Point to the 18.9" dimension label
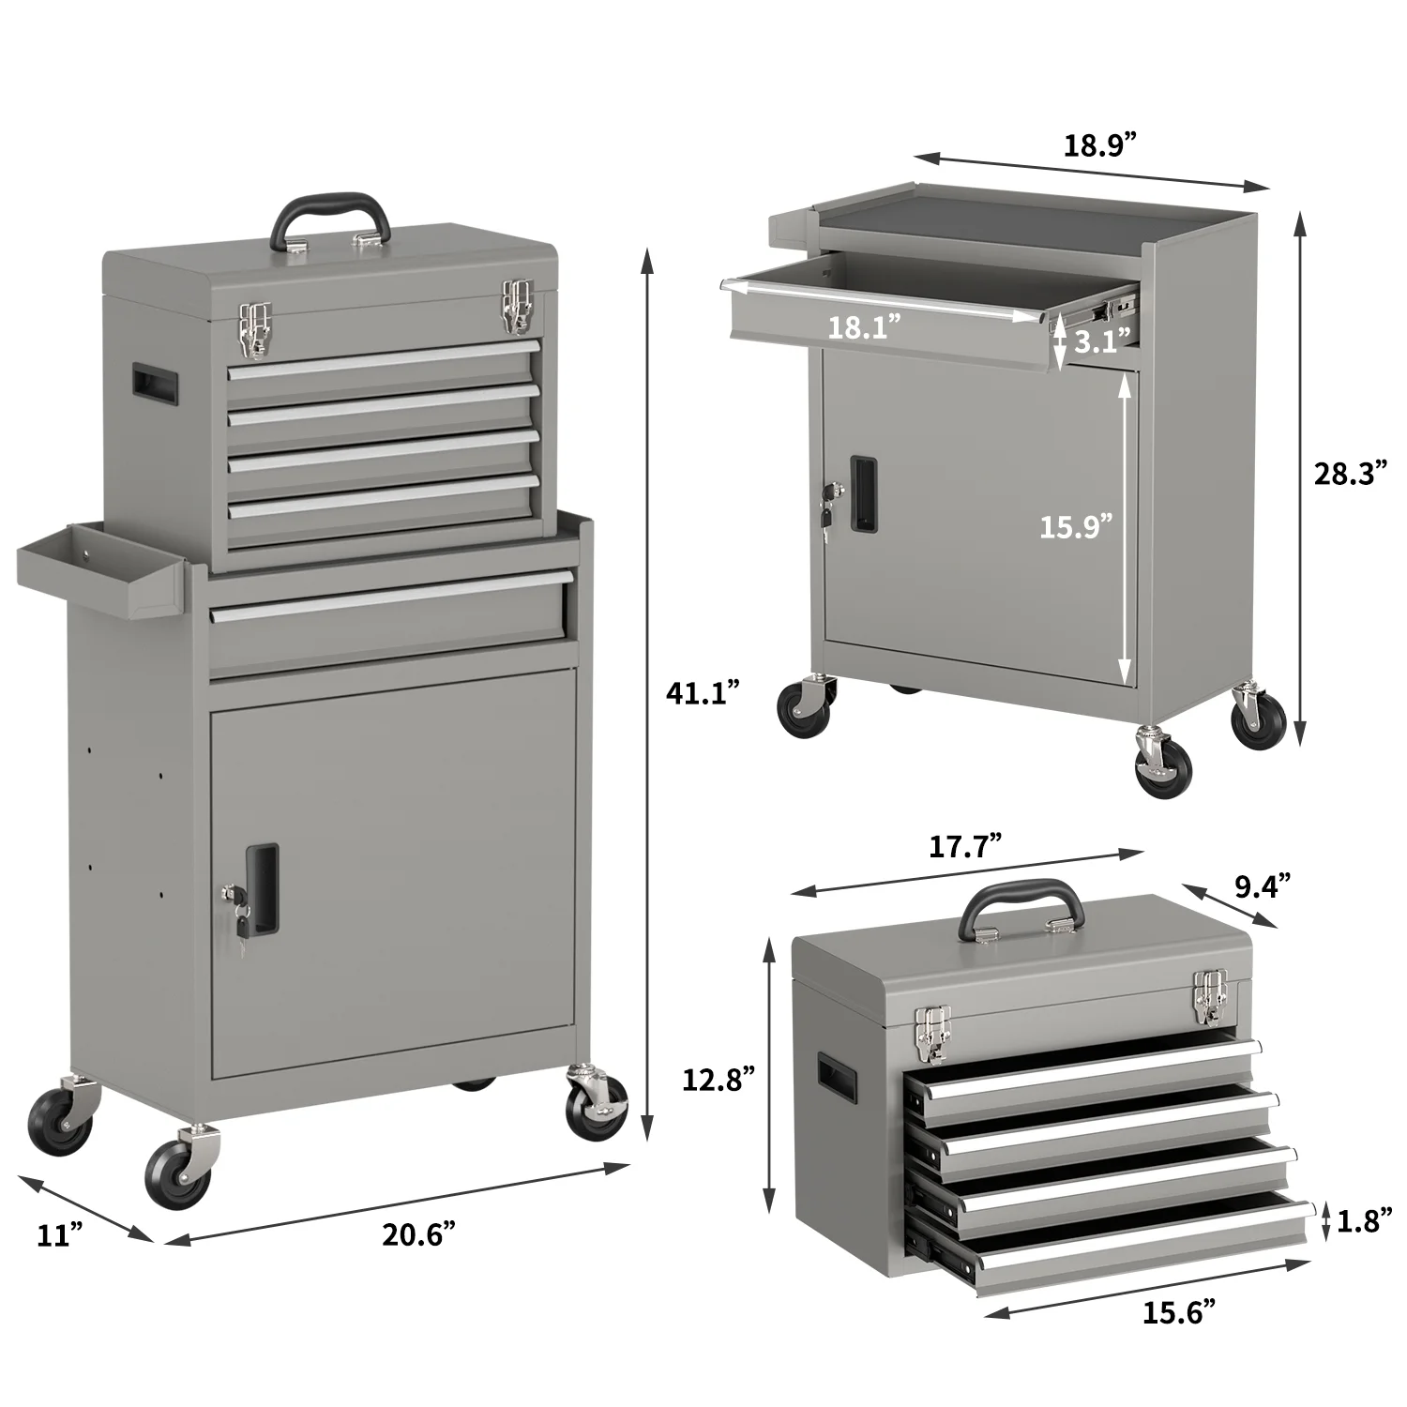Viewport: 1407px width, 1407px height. tap(1098, 145)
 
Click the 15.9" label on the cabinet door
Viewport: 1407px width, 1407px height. tap(1075, 525)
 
